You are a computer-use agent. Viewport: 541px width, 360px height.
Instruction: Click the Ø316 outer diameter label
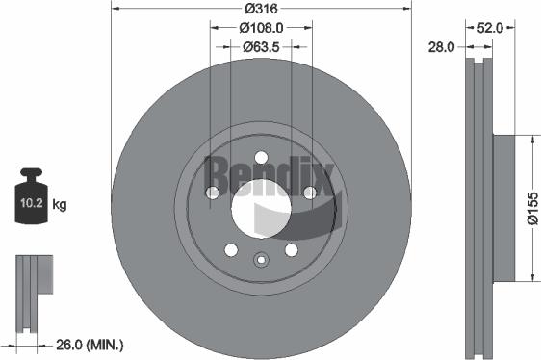(x=260, y=8)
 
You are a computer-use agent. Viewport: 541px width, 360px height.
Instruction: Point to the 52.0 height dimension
(x=488, y=28)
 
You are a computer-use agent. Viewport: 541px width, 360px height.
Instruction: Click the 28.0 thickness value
(x=443, y=45)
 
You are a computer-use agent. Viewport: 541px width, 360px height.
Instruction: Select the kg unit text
(x=60, y=204)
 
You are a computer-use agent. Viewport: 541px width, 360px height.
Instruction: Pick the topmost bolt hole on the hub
(x=260, y=158)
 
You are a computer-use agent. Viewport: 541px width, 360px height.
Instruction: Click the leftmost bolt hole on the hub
(x=213, y=193)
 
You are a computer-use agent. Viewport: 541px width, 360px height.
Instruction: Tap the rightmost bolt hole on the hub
(x=308, y=193)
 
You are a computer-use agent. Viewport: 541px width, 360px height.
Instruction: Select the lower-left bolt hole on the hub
(x=231, y=249)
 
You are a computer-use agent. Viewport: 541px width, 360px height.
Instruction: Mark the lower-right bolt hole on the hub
(x=290, y=249)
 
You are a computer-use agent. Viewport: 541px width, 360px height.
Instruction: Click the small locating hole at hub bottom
(x=260, y=258)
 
